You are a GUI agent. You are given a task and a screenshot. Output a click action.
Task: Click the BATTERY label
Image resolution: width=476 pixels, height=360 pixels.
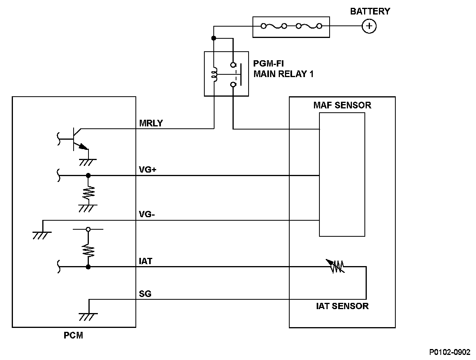(x=370, y=11)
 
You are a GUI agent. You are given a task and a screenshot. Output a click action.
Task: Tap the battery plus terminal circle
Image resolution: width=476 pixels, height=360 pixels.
(x=368, y=26)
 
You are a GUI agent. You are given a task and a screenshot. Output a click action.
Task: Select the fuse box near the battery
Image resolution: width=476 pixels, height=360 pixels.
(x=290, y=27)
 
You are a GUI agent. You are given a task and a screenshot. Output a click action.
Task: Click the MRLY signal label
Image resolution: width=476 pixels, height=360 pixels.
(x=151, y=123)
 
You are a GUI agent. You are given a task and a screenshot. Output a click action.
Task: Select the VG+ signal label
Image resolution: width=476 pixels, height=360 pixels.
(x=148, y=170)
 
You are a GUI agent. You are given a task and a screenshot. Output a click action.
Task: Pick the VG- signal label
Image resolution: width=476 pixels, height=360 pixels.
(x=147, y=214)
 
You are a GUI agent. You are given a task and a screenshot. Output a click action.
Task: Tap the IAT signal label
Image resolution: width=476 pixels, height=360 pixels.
(x=145, y=261)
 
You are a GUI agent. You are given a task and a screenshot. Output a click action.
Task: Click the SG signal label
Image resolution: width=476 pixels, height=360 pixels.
(x=145, y=294)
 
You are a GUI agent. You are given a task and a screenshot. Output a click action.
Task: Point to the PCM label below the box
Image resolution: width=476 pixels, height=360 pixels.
(x=74, y=335)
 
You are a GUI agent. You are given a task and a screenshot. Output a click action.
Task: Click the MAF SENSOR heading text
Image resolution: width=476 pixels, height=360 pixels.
(x=342, y=105)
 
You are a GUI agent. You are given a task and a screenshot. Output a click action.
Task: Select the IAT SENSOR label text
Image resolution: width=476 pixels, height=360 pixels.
(x=342, y=306)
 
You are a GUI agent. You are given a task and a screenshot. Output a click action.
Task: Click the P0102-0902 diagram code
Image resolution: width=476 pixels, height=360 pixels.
(x=450, y=352)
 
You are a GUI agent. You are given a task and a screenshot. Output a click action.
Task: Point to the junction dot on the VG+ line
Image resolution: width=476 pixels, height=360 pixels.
(x=88, y=175)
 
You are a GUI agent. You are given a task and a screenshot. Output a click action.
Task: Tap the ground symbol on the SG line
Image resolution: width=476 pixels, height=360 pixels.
(x=88, y=316)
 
